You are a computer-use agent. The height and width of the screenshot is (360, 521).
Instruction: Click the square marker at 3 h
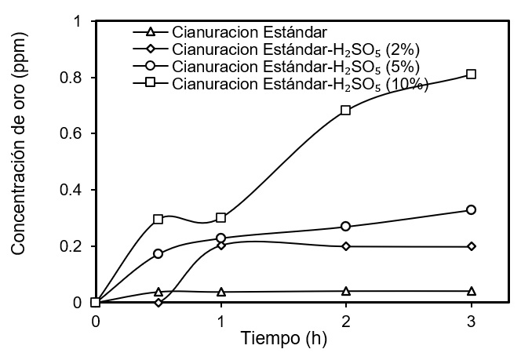pyautogui.click(x=472, y=75)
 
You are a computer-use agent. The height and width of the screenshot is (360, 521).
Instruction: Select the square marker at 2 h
pyautogui.click(x=346, y=110)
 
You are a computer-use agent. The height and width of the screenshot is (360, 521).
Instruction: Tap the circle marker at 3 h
pyautogui.click(x=472, y=210)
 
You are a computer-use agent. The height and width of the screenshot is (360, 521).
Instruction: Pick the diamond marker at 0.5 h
pyautogui.click(x=158, y=303)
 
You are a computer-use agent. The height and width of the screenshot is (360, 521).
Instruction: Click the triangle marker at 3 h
pyautogui.click(x=472, y=291)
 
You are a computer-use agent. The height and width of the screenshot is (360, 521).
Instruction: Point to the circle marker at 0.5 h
pyautogui.click(x=158, y=253)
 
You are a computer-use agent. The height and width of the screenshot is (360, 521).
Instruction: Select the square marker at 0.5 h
pyautogui.click(x=158, y=219)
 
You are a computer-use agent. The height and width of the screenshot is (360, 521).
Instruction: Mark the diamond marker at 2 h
pyautogui.click(x=346, y=246)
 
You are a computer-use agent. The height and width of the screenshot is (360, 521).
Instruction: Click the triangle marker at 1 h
pyautogui.click(x=221, y=292)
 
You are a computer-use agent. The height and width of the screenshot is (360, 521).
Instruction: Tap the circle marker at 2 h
pyautogui.click(x=346, y=227)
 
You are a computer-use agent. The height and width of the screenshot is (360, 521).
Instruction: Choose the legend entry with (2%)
pyautogui.click(x=275, y=49)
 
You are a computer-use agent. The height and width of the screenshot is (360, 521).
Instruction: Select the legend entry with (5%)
pyautogui.click(x=275, y=66)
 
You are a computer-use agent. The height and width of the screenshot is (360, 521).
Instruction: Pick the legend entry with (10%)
pyautogui.click(x=279, y=83)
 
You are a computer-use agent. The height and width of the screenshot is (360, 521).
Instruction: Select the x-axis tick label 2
pyautogui.click(x=346, y=321)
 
